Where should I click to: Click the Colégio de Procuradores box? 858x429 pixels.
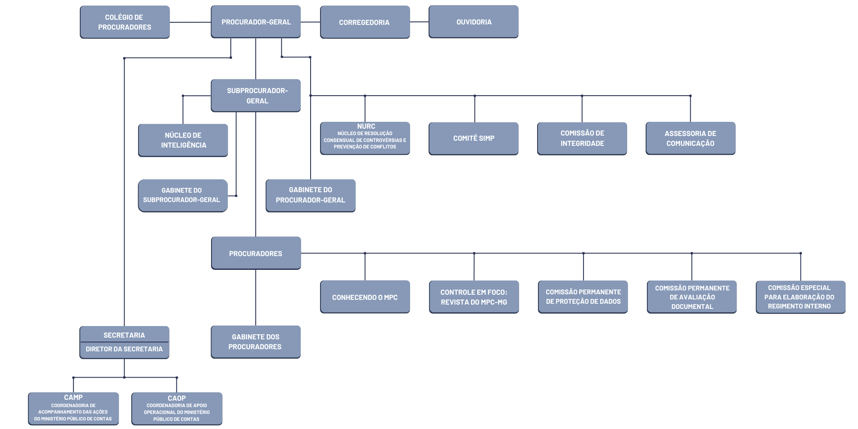coord(125,22)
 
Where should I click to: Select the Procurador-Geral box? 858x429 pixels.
coord(256,21)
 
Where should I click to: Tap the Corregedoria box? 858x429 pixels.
coord(365,22)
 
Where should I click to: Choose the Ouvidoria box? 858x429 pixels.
coord(474,21)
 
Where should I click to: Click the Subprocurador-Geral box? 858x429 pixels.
coord(256,95)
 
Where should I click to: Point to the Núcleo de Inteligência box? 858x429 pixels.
coord(183,140)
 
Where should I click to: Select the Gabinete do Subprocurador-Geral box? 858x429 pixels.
coord(183,196)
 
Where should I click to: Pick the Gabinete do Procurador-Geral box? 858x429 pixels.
coord(311,196)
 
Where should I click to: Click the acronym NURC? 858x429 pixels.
coord(366,126)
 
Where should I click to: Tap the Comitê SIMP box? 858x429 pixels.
coord(474,139)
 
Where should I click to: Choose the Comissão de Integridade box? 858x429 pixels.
coord(582,139)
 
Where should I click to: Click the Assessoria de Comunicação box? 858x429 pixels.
coord(691,138)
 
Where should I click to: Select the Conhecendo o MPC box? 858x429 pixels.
coord(365,297)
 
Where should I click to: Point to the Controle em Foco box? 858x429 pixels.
coord(474,297)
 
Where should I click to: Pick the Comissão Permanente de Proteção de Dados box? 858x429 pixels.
coord(583,297)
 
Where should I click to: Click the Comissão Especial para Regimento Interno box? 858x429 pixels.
coord(801,297)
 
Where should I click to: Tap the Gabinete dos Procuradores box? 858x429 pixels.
coord(256,342)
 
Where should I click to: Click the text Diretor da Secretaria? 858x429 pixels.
coord(124,349)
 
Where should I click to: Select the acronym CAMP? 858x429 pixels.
coord(73,398)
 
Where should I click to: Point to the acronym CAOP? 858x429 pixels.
coord(177,398)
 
